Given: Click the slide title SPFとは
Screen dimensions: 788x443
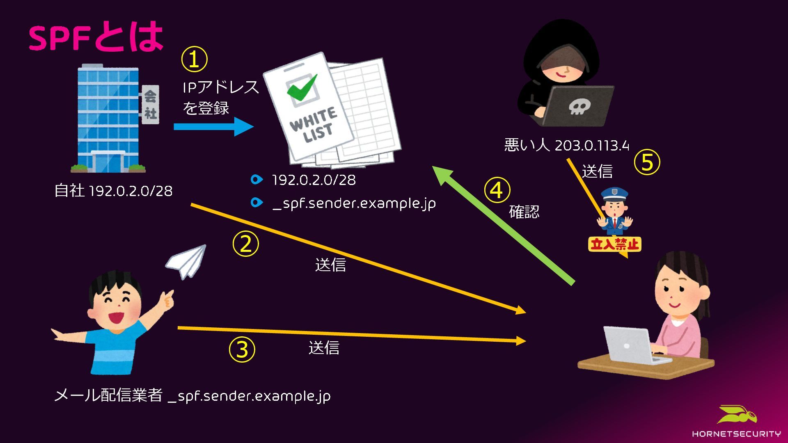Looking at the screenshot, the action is tap(96, 37).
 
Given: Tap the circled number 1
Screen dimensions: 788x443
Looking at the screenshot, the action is tap(194, 59).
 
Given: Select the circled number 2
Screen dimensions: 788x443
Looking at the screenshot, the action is tap(245, 244).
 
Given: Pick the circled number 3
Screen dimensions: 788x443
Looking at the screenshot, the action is tap(242, 349).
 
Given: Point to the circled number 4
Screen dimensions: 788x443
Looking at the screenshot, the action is tap(497, 190).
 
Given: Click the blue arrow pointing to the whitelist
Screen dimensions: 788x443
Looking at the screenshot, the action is tap(213, 126).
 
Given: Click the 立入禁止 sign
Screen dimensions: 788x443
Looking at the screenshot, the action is tap(614, 244).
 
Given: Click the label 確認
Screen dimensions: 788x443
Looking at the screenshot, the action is tap(524, 212).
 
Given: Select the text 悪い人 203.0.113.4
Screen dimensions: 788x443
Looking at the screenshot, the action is tap(566, 145).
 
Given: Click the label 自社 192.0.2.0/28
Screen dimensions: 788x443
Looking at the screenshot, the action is tap(113, 191).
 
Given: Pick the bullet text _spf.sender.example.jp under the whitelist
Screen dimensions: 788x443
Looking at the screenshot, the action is tap(354, 203).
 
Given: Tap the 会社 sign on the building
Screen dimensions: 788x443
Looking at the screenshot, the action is tap(150, 104).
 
